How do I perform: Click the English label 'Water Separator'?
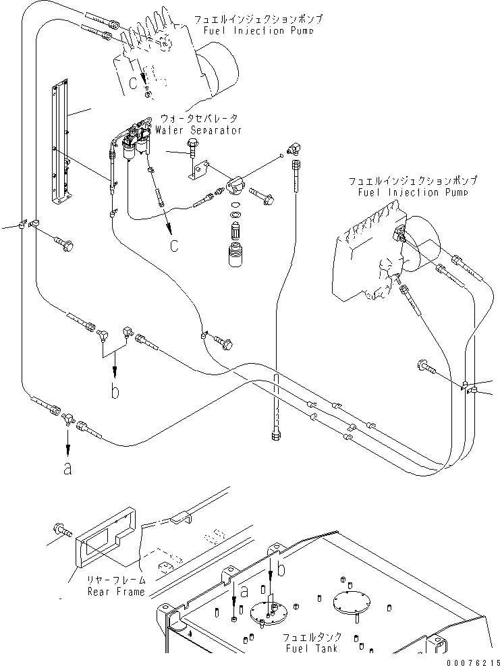(x=198, y=130)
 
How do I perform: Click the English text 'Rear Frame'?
(x=116, y=592)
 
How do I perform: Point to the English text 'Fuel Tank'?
(x=310, y=648)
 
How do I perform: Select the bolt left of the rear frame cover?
(x=61, y=532)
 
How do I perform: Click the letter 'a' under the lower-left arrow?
(x=67, y=468)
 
